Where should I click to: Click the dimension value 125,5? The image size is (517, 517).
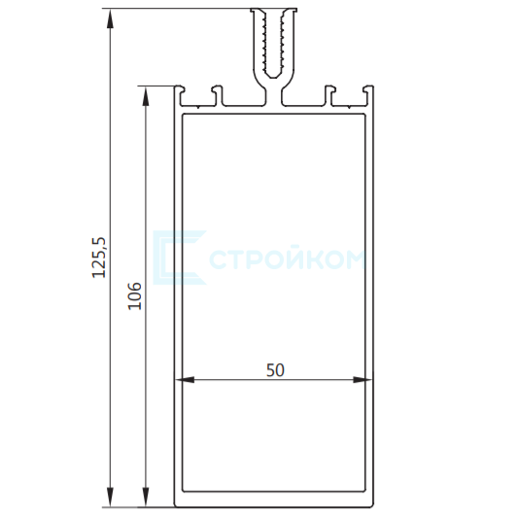99,258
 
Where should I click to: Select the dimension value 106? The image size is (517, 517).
134,295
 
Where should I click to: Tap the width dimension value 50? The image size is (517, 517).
275,370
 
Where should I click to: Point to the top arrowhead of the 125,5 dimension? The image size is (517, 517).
110,19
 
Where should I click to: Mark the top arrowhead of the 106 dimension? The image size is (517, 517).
146,96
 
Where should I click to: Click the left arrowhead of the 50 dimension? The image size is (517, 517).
185,380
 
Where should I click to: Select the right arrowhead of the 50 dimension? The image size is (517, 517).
362,380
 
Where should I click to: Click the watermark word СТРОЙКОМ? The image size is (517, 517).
288,259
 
